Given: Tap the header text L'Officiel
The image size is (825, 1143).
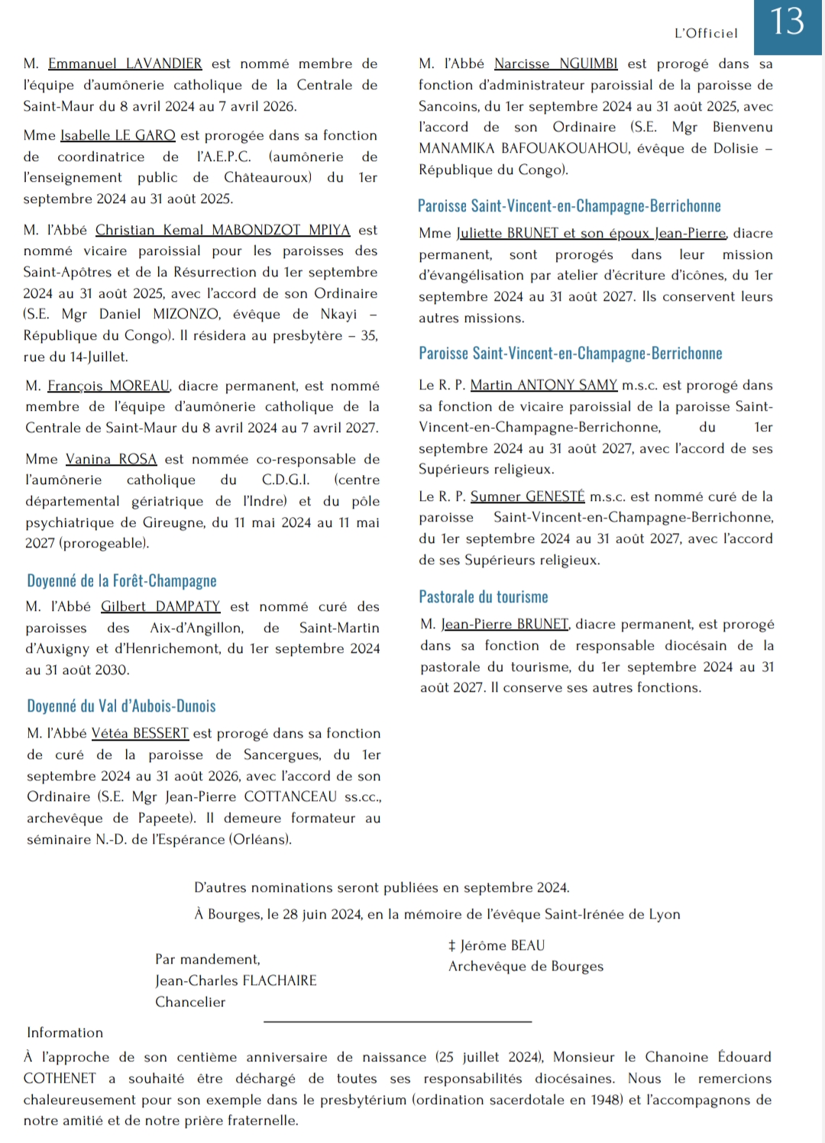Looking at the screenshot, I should [x=706, y=33].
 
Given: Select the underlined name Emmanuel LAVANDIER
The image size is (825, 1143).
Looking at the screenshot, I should [x=125, y=64].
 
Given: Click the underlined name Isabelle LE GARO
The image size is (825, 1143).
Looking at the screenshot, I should [x=118, y=135].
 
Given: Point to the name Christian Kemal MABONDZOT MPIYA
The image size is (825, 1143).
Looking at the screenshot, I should [x=222, y=230].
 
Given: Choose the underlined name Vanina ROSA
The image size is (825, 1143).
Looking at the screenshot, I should [x=111, y=459].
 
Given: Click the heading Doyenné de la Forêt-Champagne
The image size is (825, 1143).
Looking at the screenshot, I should [x=121, y=581].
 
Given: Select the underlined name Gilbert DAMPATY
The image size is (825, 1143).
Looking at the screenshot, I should [x=160, y=606].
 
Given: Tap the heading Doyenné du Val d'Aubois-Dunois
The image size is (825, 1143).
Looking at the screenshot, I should [x=121, y=706].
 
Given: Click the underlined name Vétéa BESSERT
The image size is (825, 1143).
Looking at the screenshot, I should [x=140, y=734].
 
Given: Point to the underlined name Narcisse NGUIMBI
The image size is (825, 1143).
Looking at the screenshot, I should [x=555, y=64].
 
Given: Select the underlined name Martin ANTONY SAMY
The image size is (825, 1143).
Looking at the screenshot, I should [x=543, y=386].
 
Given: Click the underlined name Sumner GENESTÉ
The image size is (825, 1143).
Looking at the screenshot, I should [x=527, y=496].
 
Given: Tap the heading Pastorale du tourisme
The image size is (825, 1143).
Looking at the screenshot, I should [x=483, y=597].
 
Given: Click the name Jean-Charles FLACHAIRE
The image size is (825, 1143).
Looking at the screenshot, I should [x=235, y=980].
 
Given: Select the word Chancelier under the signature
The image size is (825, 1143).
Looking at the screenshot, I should [x=190, y=1002].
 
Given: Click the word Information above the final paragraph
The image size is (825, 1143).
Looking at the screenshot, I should [x=65, y=1032].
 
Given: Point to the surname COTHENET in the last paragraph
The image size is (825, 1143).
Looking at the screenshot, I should [x=60, y=1078].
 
